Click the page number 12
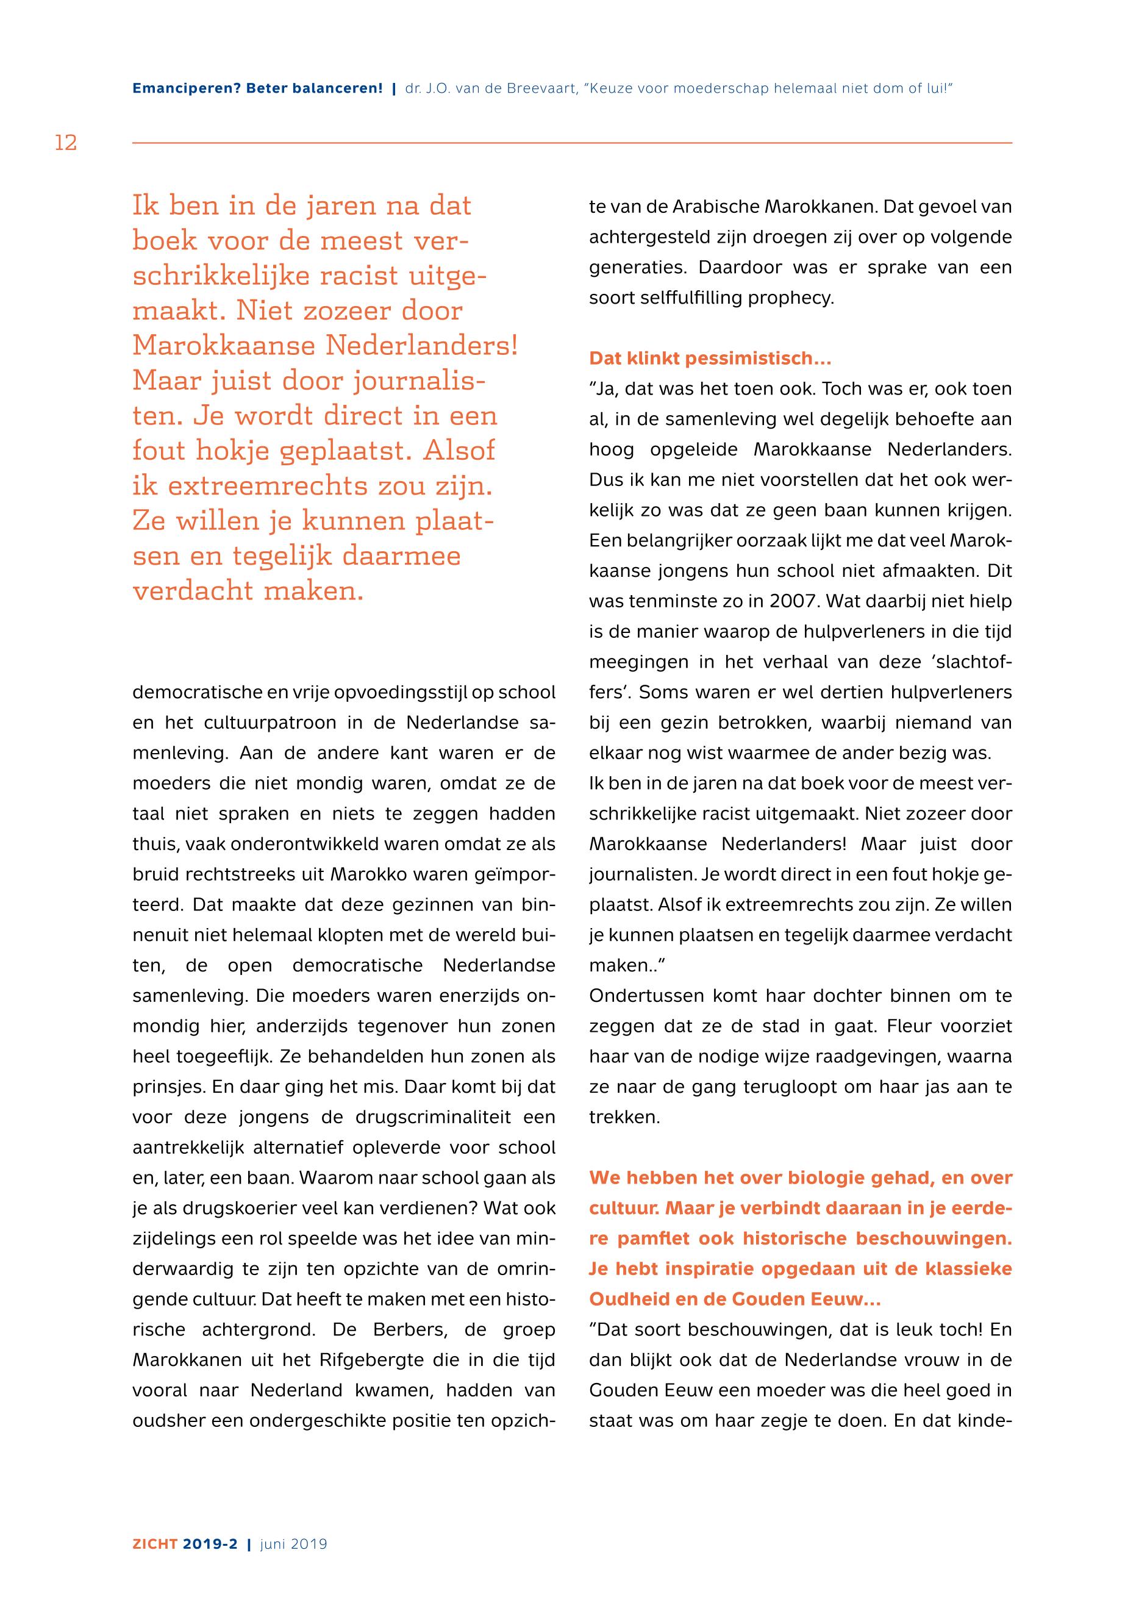coord(66,143)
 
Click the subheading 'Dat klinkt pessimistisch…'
coord(710,358)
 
